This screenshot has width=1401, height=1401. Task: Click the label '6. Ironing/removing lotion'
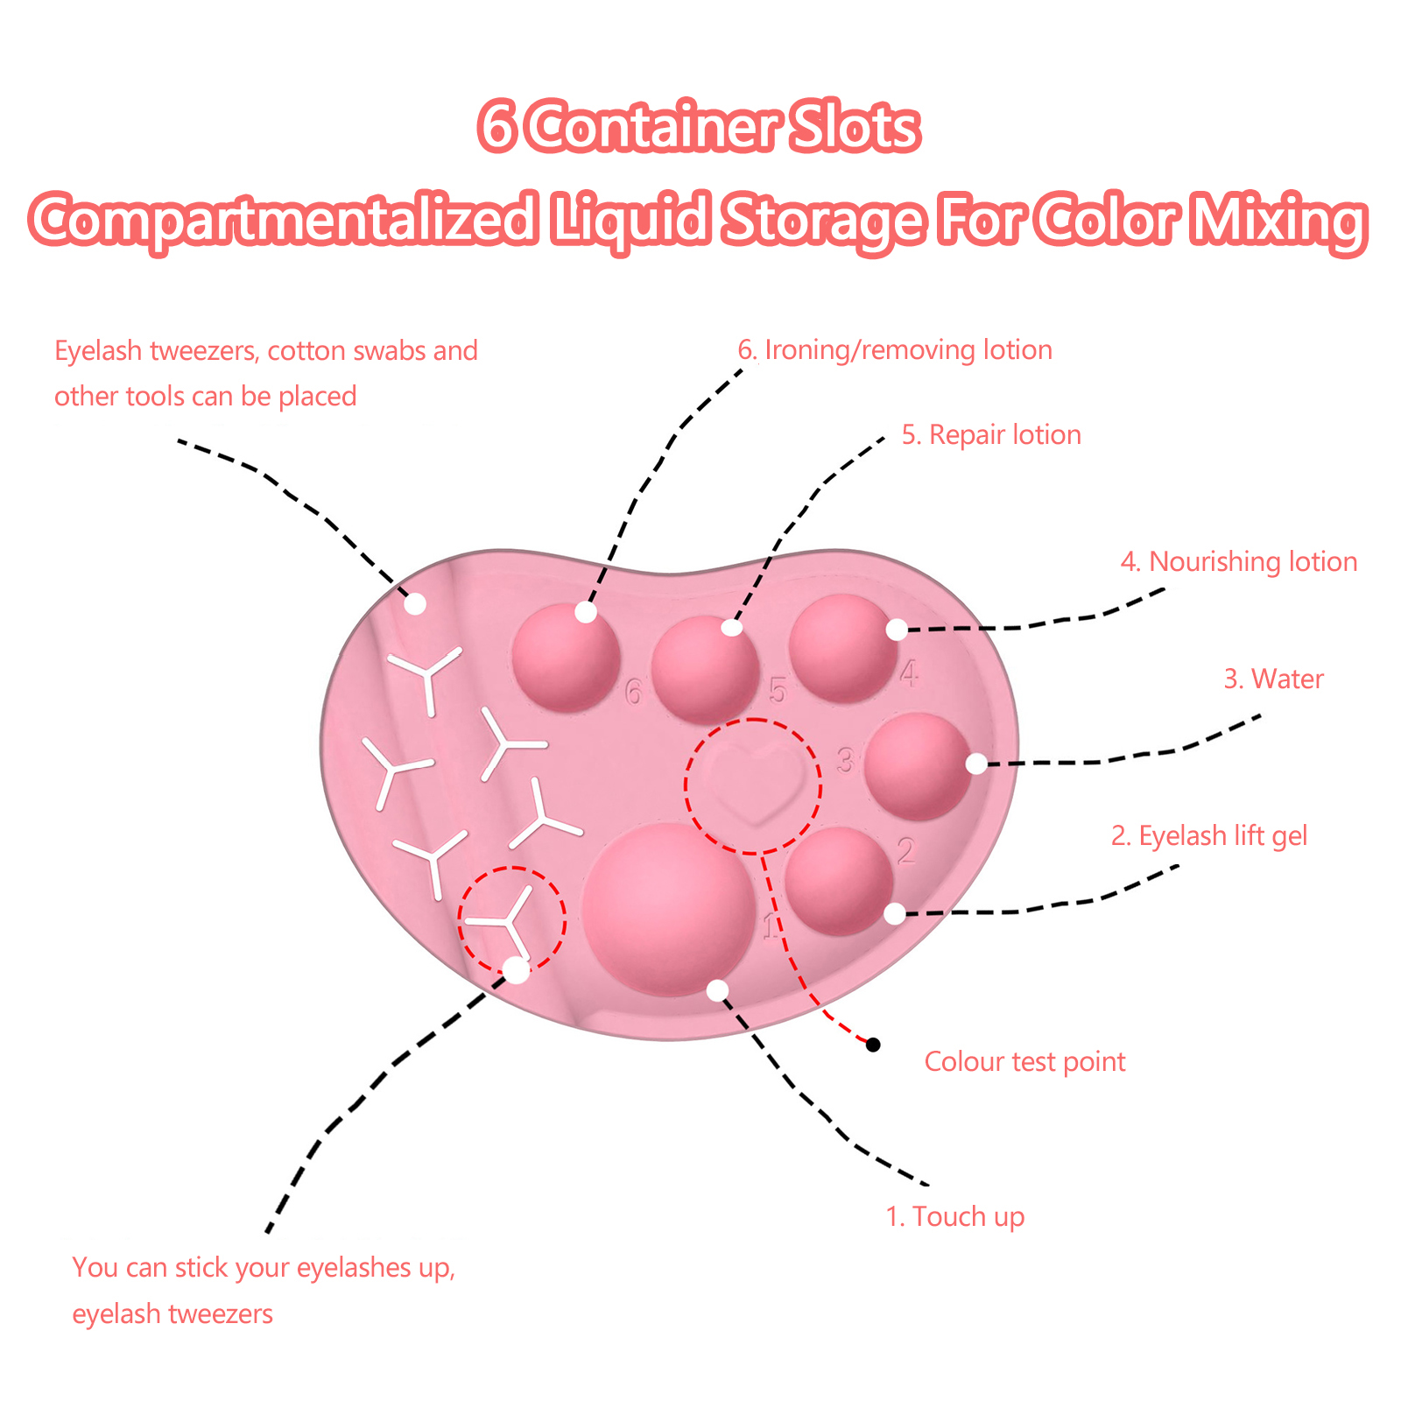coord(895,350)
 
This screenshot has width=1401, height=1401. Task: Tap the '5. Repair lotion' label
coord(991,435)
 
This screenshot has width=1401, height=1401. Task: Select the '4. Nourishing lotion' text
coord(1239,562)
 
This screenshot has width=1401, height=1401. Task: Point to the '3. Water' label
coord(1273,679)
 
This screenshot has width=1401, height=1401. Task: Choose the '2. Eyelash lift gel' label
coord(1209,836)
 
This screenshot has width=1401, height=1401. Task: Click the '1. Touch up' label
coord(954,1217)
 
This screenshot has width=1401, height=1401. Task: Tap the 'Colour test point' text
coord(1024,1062)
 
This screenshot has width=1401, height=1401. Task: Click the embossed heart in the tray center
coord(753,781)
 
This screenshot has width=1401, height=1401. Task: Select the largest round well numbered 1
coord(669,909)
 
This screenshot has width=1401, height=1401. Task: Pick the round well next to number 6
coord(566,657)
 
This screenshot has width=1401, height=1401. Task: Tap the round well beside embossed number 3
coord(919,766)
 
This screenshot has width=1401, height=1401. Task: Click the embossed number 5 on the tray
coord(778,691)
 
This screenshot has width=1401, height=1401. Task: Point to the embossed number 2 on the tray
coord(905,850)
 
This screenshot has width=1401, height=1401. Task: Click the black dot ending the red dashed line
coord(873,1045)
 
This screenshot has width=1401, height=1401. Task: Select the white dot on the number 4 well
coord(897,630)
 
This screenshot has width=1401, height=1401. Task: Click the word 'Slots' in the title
coord(854,128)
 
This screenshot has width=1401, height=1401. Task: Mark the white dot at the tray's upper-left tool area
coord(415,603)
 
